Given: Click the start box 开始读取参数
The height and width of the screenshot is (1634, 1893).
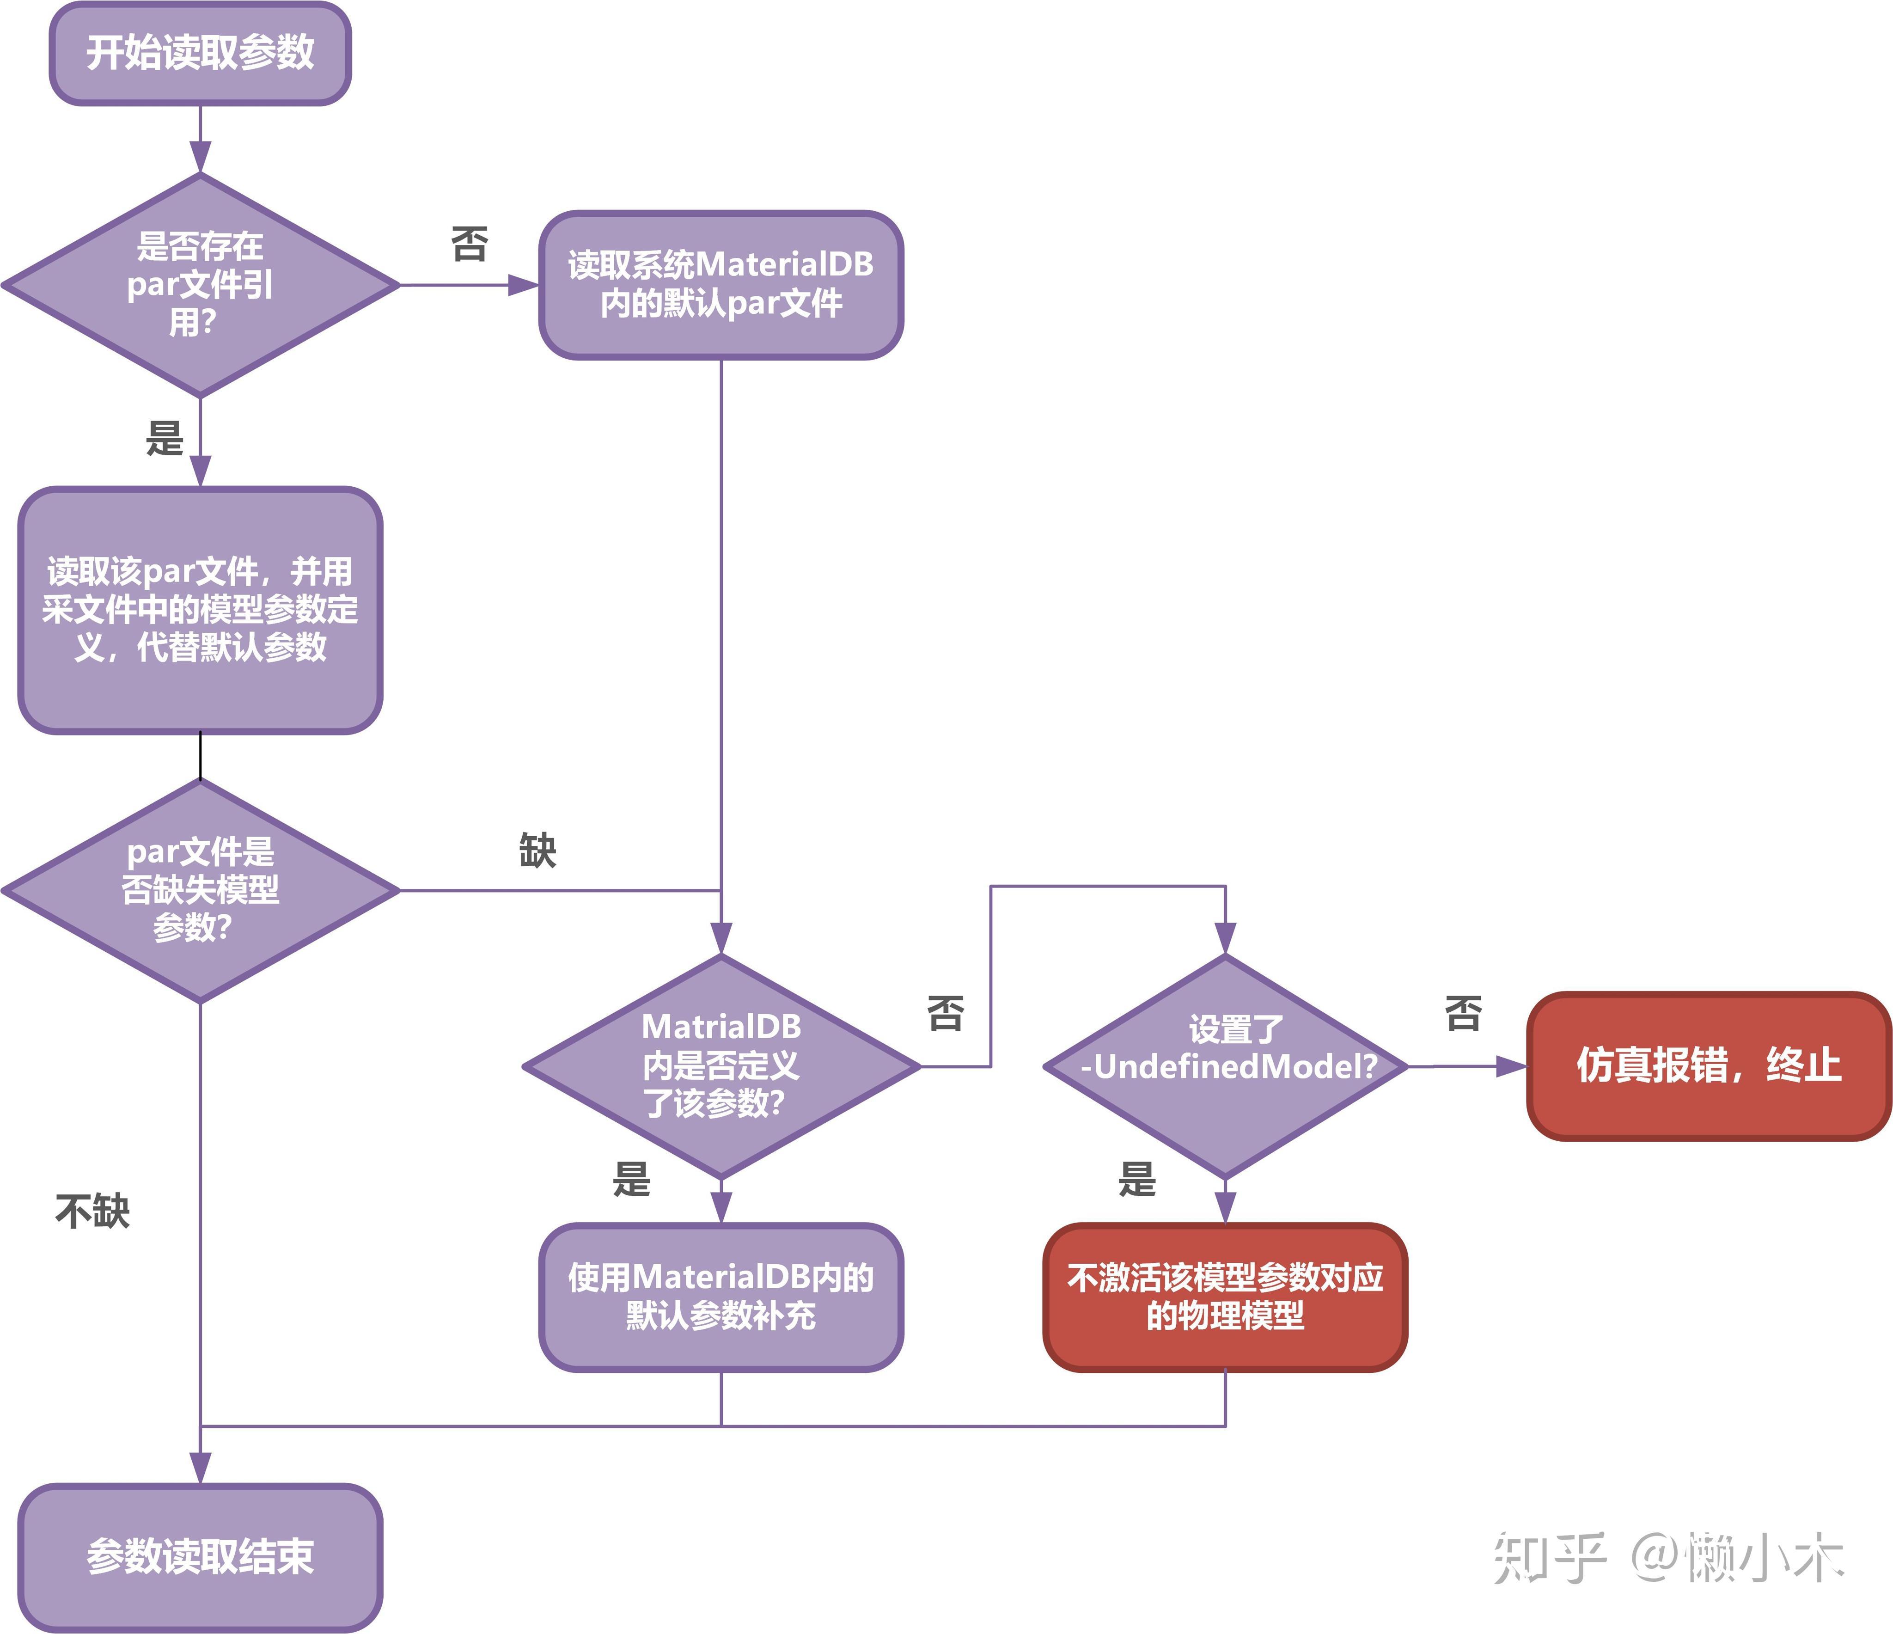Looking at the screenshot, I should [x=200, y=53].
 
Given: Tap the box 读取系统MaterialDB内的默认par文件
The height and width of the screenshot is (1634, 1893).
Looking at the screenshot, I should [x=721, y=284].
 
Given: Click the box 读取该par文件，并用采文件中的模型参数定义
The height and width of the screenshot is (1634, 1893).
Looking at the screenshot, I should [x=200, y=610].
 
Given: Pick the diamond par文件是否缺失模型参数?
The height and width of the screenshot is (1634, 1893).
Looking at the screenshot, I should [x=200, y=890].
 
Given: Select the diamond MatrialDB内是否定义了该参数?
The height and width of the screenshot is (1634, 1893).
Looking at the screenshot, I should [x=721, y=1065].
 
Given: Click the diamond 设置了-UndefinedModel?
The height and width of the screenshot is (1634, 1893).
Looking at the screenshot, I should [x=1225, y=1065].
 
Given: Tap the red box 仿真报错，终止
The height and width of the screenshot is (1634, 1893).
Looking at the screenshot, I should [x=1708, y=1065].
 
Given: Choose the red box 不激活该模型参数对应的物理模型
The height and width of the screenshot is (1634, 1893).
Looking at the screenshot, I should [x=1225, y=1297].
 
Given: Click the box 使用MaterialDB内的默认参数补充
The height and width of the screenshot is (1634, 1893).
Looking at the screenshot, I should [x=721, y=1297].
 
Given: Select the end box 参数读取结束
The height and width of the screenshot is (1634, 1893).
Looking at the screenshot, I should [x=200, y=1556].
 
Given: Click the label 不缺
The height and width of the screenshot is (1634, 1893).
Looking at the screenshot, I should [x=92, y=1212].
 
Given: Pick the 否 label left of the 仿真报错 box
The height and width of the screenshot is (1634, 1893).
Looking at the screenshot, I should [x=1463, y=1013].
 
